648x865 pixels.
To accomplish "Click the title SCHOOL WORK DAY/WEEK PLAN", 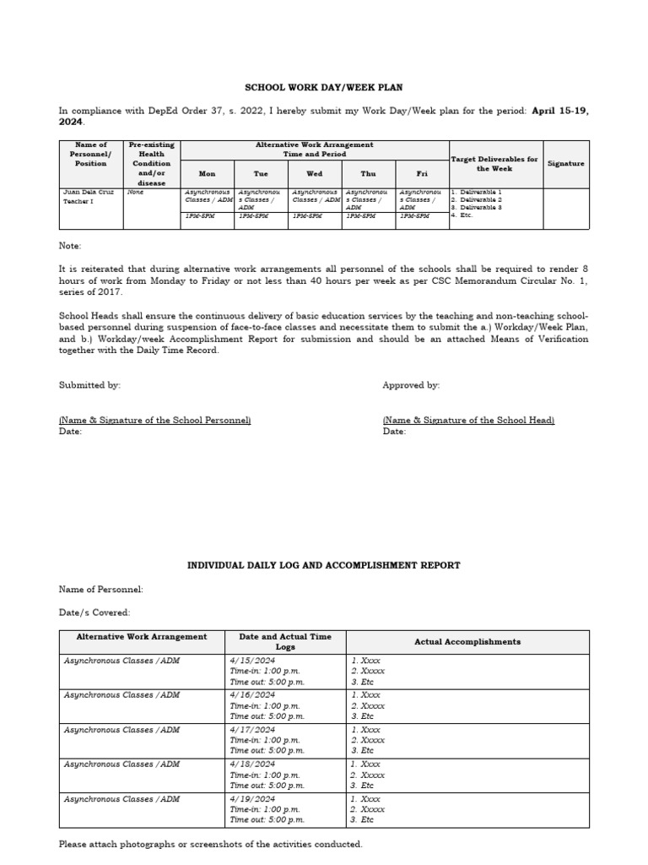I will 324,87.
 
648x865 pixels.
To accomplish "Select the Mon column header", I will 207,173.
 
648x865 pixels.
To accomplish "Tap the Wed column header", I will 315,173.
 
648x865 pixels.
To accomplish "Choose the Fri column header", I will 422,173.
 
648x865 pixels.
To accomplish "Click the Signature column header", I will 566,164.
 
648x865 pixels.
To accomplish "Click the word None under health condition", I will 135,193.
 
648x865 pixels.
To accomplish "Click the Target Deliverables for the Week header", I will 495,164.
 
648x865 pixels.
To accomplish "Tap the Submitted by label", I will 89,385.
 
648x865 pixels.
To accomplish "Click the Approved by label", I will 411,385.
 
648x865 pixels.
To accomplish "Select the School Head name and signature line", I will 468,420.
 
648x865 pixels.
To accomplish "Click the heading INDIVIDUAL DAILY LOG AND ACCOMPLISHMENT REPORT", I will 324,565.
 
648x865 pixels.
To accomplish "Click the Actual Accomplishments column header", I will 467,642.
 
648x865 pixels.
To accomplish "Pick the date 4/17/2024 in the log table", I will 252,730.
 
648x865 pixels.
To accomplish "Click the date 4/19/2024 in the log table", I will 252,798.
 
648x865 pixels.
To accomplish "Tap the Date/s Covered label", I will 94,612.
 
